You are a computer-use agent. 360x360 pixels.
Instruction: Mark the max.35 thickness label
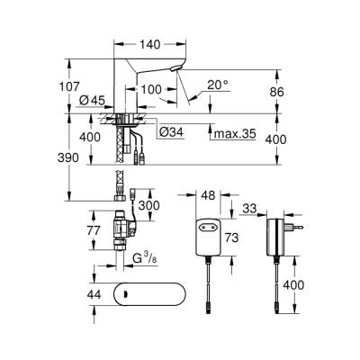point(233,134)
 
